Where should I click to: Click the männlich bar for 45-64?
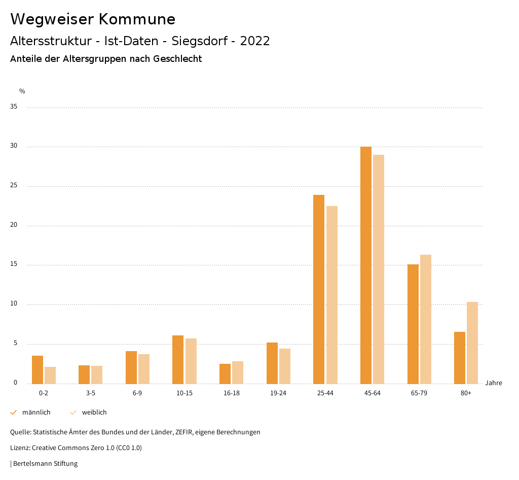366,265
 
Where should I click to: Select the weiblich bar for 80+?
472,342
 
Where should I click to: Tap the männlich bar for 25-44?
319,289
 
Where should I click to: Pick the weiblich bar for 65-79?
426,319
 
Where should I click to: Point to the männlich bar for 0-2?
38,370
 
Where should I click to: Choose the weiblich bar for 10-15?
191,361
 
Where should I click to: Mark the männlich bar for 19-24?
272,363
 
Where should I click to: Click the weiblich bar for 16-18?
238,372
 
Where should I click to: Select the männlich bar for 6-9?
131,367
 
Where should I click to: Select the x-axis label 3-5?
91,393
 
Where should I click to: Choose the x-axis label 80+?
466,393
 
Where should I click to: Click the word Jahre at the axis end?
494,383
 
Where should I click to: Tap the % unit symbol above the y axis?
22,91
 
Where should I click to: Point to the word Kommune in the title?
137,19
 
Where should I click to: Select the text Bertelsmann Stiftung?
45,463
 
